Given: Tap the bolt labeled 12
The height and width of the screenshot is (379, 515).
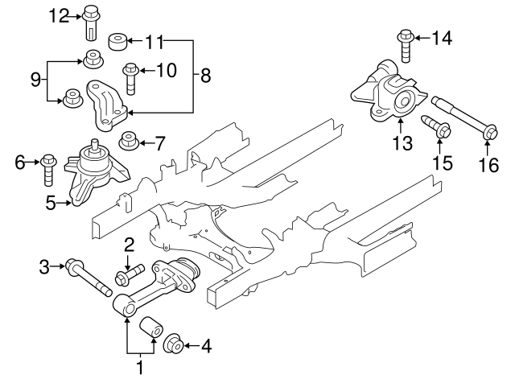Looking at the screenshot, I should point(90,24).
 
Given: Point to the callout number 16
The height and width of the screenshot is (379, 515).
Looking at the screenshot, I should point(489,166).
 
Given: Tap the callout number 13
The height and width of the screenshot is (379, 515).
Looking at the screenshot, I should point(401,144).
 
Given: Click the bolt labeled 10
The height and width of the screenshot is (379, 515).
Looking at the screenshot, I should point(130,78).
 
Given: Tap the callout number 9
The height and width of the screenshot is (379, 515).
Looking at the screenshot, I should point(35,79).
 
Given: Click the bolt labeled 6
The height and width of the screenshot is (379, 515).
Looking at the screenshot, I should point(48,165).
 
